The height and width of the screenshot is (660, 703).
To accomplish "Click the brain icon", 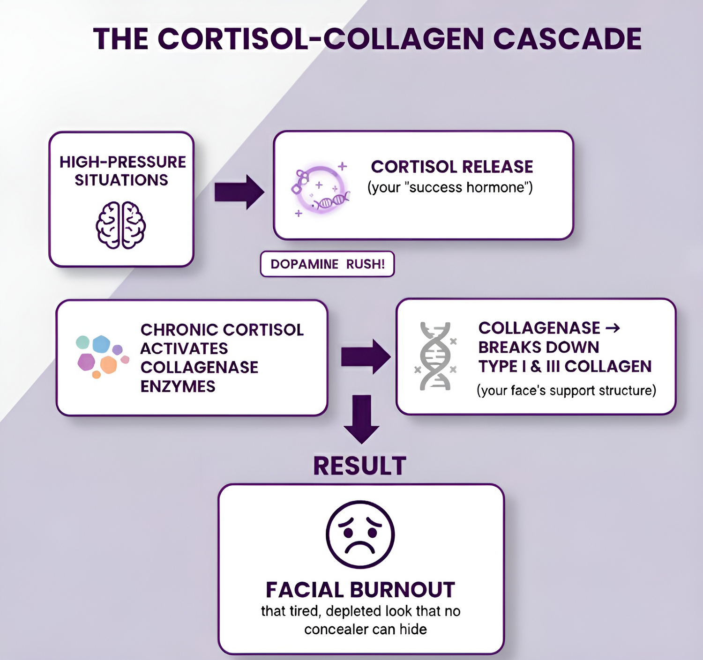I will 121,225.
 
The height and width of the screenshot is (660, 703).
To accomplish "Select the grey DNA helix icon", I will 436,356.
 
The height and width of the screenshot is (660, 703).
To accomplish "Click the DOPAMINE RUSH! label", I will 327,264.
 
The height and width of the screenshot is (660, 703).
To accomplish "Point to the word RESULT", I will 359,466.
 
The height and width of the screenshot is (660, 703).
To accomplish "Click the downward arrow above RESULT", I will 361,419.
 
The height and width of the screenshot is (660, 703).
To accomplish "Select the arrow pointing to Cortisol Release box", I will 239,192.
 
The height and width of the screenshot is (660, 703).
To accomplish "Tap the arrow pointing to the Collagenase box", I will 366,357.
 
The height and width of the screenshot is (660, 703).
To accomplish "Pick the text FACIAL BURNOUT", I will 360,590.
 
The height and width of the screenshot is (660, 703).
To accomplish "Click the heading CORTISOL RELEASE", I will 452,167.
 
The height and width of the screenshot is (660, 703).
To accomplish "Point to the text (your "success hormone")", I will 450,187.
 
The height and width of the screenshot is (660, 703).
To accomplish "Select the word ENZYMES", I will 178,386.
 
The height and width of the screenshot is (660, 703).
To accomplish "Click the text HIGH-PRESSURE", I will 123,162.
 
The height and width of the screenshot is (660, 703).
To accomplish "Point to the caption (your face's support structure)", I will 566,390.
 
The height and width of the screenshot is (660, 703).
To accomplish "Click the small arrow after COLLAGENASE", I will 613,328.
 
